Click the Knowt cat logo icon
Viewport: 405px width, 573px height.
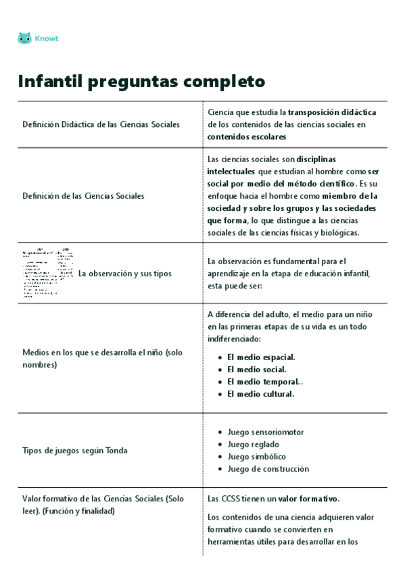(24, 39)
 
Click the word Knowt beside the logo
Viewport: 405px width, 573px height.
(47, 39)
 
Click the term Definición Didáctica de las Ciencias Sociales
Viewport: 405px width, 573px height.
(101, 124)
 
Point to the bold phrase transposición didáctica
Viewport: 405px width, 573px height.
(332, 112)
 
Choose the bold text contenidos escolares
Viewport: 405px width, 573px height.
(247, 136)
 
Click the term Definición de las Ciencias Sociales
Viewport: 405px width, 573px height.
(83, 196)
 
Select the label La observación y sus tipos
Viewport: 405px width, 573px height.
(124, 274)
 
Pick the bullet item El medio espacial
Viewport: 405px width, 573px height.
(261, 357)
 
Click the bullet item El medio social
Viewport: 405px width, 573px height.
(256, 370)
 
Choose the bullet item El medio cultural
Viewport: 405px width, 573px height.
(260, 394)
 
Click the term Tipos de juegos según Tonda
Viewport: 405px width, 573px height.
(74, 450)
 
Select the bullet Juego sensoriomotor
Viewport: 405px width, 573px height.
(266, 432)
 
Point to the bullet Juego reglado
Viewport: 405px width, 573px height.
(253, 445)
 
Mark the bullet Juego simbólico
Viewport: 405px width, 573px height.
(256, 457)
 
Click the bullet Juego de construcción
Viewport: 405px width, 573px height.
(268, 469)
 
